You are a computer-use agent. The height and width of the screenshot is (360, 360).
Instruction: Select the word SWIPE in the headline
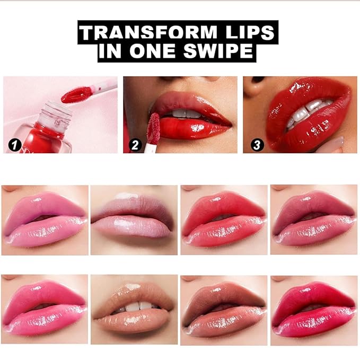(222, 52)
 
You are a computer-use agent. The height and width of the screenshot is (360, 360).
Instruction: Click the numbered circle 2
(135, 144)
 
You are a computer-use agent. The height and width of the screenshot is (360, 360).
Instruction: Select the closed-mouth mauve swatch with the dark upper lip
(134, 220)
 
